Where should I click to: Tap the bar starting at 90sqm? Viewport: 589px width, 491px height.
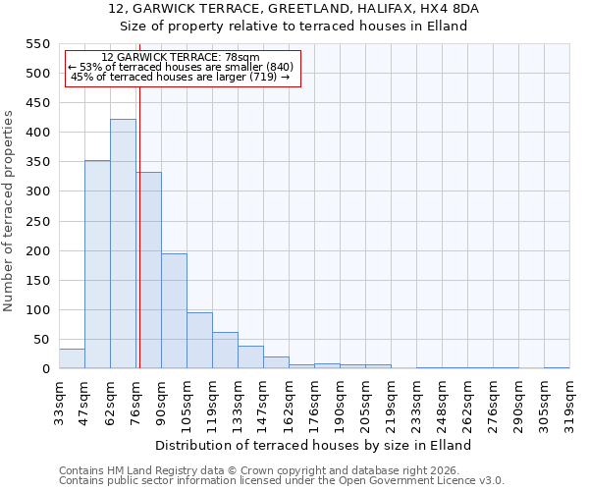[x=174, y=310]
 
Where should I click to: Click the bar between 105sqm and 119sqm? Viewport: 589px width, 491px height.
[x=199, y=340]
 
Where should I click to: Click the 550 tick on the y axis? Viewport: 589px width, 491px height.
[x=36, y=44]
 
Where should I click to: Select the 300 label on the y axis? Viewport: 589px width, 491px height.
[x=36, y=191]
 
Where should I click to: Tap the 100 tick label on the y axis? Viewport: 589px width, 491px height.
[x=36, y=310]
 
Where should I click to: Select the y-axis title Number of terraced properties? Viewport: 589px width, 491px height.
[x=10, y=210]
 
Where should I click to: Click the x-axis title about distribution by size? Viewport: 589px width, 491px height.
[x=313, y=445]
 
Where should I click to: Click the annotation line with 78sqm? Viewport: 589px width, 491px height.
[x=181, y=58]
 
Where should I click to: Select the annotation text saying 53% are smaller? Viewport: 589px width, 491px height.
[x=181, y=67]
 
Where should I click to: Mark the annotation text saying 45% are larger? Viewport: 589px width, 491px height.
[x=181, y=77]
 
